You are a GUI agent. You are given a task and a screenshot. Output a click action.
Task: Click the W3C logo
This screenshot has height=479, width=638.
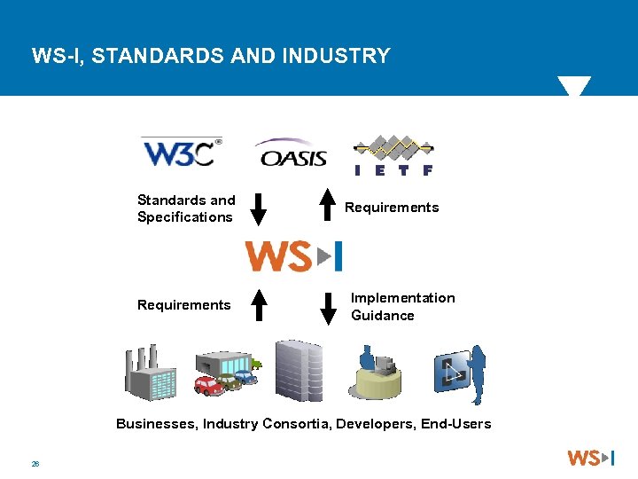181,153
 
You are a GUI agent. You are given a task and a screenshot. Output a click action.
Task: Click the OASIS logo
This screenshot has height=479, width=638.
292,154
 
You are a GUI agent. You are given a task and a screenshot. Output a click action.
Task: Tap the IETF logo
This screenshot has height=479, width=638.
393,155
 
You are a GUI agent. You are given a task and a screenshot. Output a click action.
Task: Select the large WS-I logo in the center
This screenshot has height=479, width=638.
293,256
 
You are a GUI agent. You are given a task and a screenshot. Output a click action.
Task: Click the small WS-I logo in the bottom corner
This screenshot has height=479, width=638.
590,458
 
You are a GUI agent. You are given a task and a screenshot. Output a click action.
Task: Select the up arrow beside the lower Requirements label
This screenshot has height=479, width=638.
258,305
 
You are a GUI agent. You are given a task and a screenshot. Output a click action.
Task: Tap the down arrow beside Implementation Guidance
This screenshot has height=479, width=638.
328,307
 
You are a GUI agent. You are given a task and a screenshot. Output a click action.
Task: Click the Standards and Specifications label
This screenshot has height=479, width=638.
186,208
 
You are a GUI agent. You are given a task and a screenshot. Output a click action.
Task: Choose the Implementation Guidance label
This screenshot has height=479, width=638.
402,307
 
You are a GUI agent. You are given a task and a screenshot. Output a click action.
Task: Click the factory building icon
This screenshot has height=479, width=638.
152,373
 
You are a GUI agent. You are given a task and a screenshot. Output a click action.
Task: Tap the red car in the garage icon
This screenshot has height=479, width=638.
208,386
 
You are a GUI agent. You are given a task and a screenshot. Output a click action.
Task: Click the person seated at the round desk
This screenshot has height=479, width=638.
368,358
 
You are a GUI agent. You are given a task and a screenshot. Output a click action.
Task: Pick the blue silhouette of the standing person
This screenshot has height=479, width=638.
478,372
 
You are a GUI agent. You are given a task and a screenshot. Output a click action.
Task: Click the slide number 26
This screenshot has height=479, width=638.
35,463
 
